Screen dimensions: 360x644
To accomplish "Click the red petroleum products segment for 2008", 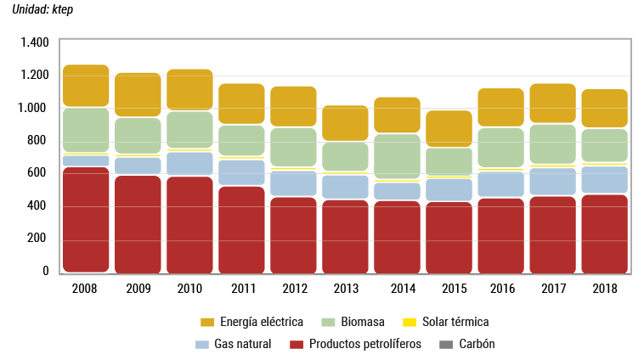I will click(86, 219).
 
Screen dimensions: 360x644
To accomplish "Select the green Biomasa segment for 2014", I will click(397, 156).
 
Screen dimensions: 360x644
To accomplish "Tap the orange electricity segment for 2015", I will click(449, 129).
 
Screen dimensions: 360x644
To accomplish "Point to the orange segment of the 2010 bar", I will click(189, 89).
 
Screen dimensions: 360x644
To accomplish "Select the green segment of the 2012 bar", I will click(293, 147).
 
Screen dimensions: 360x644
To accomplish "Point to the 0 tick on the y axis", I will click(46, 272).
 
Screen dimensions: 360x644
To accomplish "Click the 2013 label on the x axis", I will click(345, 290).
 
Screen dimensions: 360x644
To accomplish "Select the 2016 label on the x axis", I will click(500, 290).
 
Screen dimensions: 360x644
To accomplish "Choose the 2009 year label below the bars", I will click(138, 290).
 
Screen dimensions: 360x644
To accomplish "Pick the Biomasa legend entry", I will click(362, 322).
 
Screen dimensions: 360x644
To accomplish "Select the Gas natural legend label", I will click(244, 344).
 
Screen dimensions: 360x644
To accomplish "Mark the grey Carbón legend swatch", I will click(445, 344).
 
